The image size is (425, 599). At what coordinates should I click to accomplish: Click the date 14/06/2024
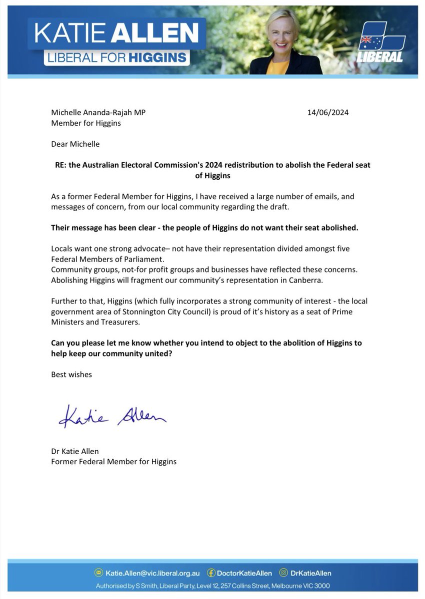coord(327,112)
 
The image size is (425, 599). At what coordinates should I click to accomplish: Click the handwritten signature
coord(112,416)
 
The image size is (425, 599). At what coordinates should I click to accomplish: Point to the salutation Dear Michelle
coord(75,144)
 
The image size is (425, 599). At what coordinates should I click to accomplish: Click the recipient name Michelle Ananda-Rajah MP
coord(98,112)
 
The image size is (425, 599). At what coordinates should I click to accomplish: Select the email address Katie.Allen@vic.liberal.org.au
coord(152,573)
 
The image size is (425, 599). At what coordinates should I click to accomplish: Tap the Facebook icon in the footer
coord(211,573)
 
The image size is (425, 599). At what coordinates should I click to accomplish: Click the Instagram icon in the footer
coord(283,573)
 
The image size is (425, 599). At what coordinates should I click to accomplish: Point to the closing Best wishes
coord(71,374)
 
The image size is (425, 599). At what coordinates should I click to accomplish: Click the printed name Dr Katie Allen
coord(75,451)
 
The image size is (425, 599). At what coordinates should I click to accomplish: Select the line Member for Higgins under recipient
coord(85,123)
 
